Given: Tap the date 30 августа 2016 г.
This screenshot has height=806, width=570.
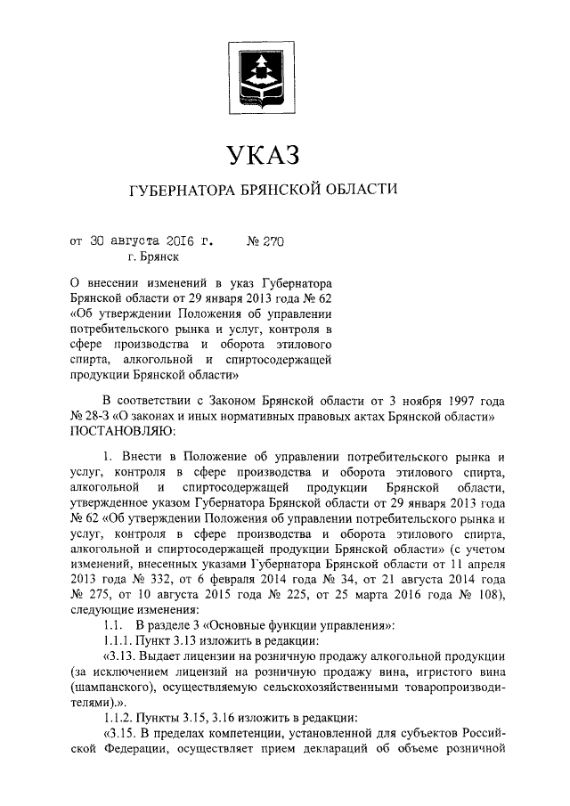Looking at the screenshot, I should pos(150,240).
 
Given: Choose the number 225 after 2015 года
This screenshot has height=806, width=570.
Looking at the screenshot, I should pos(273,594).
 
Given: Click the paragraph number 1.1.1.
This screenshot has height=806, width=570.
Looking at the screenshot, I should pos(118,641).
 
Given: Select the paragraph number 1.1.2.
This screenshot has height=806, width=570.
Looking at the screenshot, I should pos(118,719).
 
